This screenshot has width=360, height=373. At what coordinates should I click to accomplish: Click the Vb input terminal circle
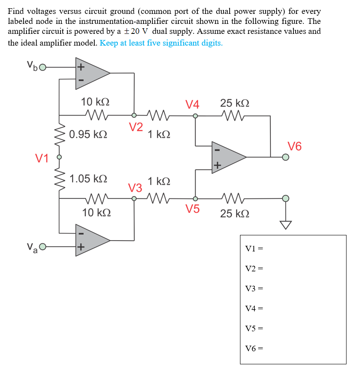43,68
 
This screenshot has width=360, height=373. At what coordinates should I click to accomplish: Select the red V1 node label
42,158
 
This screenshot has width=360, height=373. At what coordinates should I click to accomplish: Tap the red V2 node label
136,127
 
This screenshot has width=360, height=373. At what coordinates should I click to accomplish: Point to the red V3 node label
135,188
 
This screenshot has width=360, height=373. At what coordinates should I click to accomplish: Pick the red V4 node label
192,105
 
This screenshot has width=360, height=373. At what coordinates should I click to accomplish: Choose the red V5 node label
193,209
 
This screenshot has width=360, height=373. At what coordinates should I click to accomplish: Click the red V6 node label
294,146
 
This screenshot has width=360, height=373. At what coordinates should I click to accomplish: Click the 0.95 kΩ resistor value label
88,134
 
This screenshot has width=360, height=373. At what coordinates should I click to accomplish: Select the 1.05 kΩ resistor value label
88,178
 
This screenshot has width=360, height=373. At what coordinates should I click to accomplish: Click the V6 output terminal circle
285,157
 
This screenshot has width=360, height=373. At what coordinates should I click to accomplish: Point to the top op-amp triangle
91,73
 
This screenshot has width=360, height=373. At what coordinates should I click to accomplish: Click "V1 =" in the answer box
254,248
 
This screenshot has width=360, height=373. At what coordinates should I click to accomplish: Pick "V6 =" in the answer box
254,348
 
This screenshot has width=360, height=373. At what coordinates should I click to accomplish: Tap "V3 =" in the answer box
254,288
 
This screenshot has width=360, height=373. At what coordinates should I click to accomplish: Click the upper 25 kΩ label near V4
235,103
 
